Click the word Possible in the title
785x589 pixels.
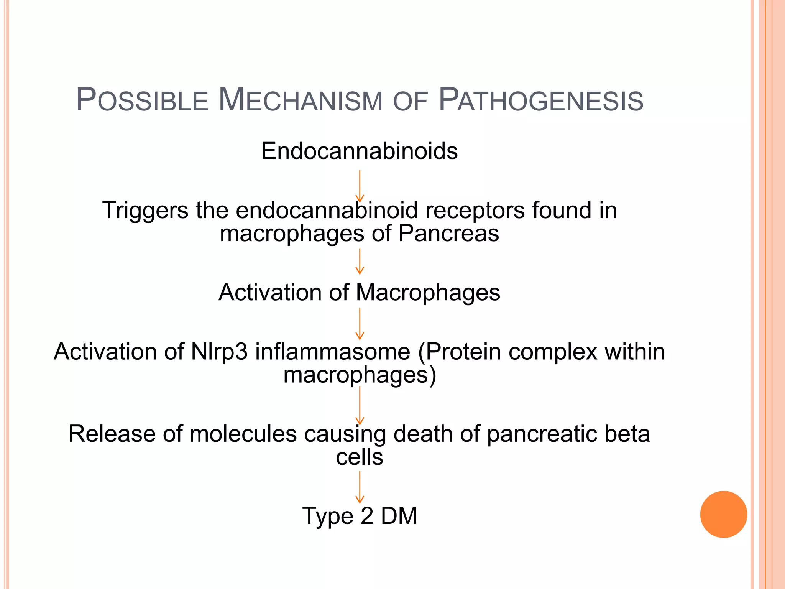(142, 100)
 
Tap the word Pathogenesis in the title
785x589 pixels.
(540, 100)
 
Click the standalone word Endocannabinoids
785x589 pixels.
(359, 151)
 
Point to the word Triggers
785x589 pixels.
(145, 211)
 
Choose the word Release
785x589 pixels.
(112, 434)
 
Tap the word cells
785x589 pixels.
(359, 457)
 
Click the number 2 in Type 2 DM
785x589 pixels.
(366, 516)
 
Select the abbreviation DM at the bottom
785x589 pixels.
(399, 516)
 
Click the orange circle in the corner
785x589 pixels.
(723, 514)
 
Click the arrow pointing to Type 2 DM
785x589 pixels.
(360, 487)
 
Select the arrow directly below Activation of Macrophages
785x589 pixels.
(360, 324)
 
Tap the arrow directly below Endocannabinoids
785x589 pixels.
(360, 186)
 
